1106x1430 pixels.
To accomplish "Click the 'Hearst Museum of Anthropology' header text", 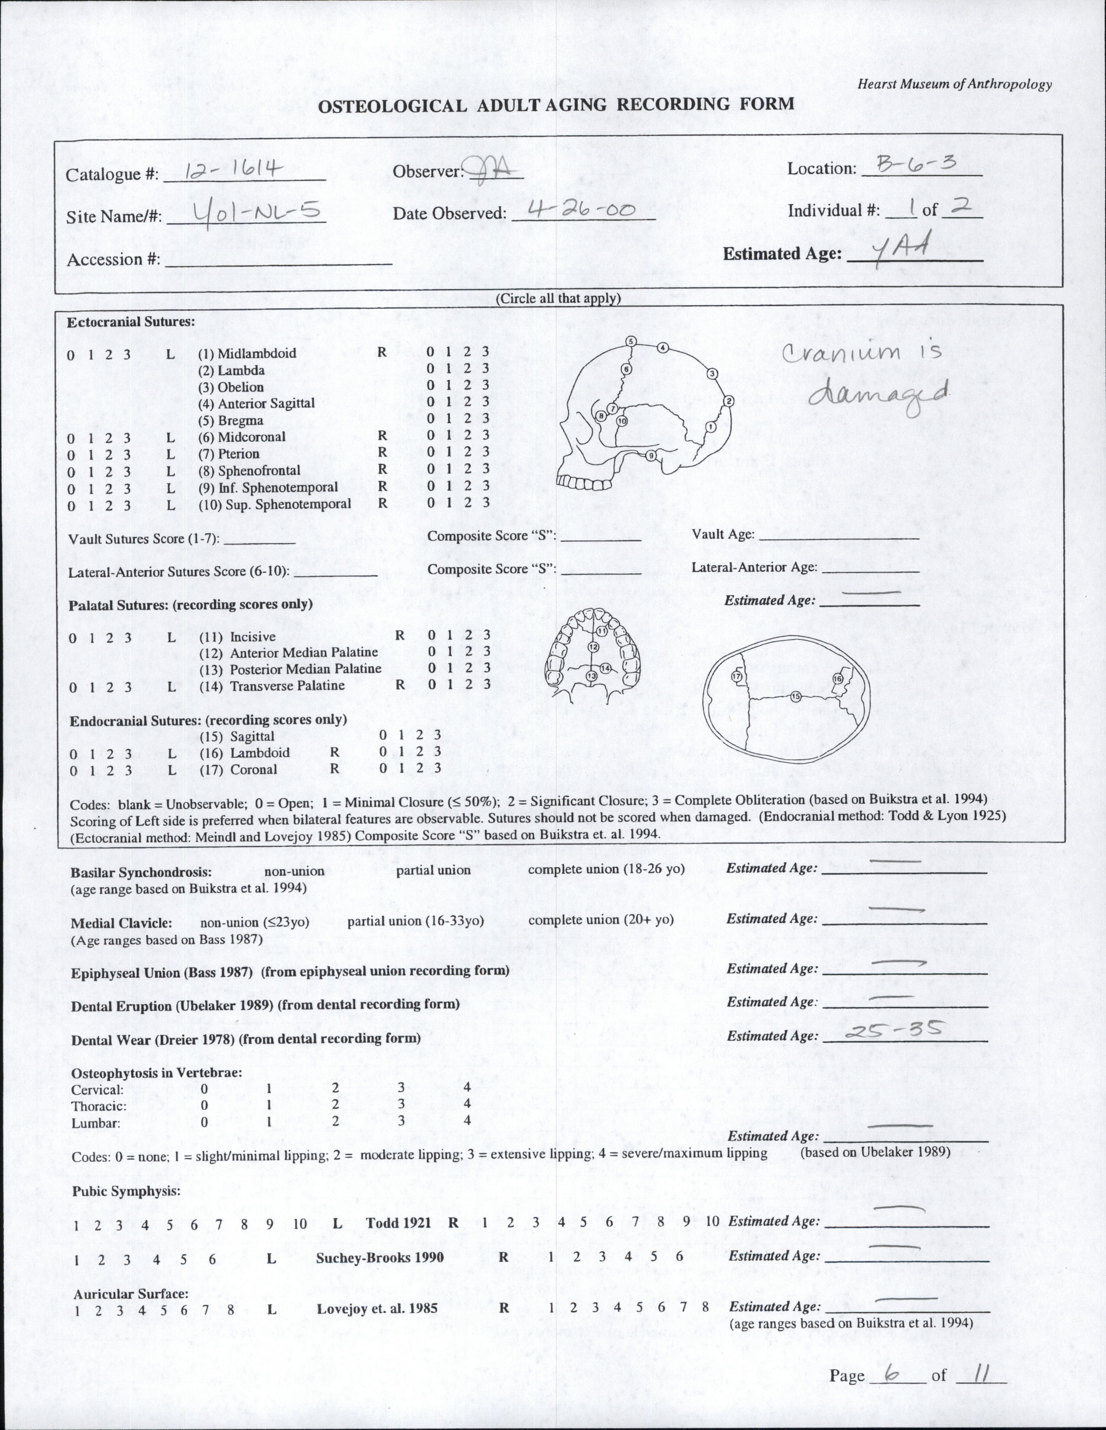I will coord(954,84).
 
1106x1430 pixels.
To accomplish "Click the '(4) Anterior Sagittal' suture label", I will coord(257,403).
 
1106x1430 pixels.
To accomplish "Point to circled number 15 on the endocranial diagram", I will coord(795,697).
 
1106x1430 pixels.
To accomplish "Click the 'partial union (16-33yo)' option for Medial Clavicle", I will coord(416,921).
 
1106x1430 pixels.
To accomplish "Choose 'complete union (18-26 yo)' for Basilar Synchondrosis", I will coord(606,869).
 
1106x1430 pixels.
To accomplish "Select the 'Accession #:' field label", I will coord(113,259).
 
